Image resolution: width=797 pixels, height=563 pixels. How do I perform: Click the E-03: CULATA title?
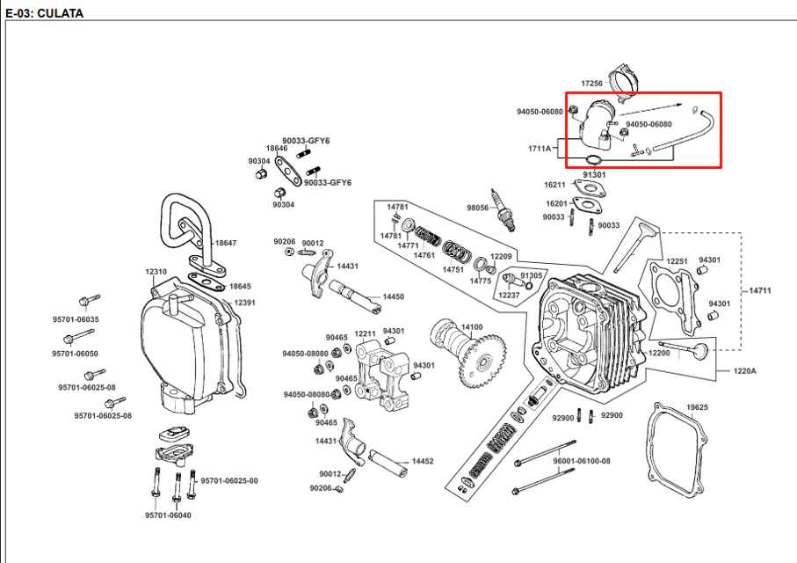pyautogui.click(x=44, y=13)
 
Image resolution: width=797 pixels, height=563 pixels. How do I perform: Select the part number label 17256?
pyautogui.click(x=591, y=83)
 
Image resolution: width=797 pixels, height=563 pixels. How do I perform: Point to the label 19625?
pyautogui.click(x=697, y=407)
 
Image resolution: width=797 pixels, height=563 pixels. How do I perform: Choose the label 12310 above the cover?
pyautogui.click(x=156, y=272)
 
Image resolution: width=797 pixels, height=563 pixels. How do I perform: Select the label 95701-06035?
pyautogui.click(x=76, y=319)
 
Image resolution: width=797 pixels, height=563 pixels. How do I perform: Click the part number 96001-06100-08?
pyautogui.click(x=582, y=461)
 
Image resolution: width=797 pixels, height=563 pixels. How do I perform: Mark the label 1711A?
pyautogui.click(x=540, y=149)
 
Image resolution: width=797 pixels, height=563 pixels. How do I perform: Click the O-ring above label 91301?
pyautogui.click(x=593, y=161)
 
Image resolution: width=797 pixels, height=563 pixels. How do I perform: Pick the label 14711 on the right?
pyautogui.click(x=760, y=290)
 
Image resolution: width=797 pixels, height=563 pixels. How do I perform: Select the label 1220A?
pyautogui.click(x=744, y=371)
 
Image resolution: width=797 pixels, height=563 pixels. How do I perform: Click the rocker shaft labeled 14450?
pyautogui.click(x=354, y=295)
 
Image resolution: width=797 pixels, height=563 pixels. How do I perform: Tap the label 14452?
pyautogui.click(x=423, y=461)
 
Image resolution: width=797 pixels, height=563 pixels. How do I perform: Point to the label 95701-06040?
pyautogui.click(x=168, y=515)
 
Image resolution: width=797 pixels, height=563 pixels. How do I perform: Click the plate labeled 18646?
pyautogui.click(x=288, y=171)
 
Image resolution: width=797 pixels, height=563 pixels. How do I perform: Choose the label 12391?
pyautogui.click(x=244, y=303)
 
